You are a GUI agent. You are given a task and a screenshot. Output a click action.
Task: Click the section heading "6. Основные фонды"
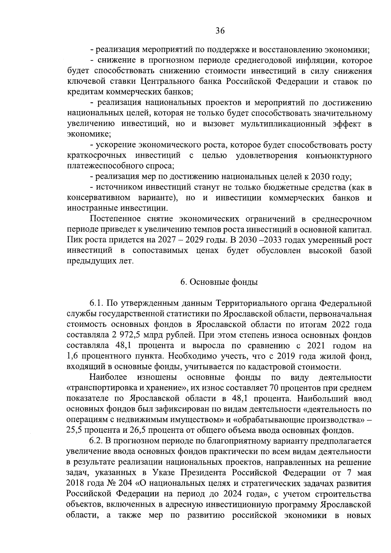(x=219, y=282)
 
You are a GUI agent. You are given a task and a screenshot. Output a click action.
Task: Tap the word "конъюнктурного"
(x=339, y=155)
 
